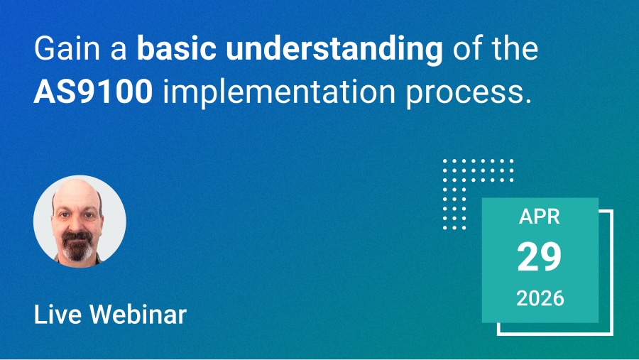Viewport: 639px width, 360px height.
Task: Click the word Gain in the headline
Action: [67, 48]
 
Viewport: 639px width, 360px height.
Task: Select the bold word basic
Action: [176, 48]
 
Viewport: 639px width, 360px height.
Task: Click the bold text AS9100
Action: [93, 92]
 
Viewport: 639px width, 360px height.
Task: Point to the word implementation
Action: [280, 93]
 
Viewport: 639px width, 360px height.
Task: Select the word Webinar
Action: [138, 314]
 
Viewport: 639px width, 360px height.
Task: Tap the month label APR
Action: [540, 217]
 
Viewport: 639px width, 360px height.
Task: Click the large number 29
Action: [540, 257]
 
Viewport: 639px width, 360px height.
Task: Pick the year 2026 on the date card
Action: [540, 298]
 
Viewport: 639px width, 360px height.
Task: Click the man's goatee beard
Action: [77, 246]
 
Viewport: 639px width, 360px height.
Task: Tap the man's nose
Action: [76, 224]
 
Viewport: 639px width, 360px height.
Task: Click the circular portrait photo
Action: [80, 222]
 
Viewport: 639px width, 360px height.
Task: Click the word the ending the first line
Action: [515, 48]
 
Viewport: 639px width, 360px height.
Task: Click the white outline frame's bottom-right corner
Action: [612, 334]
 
